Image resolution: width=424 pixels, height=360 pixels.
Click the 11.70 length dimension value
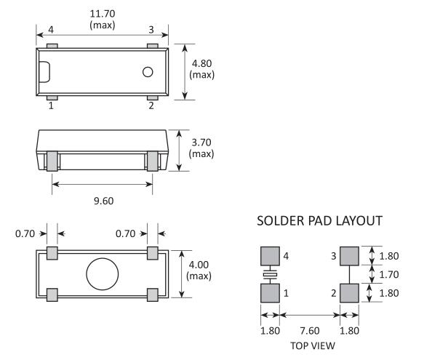103,14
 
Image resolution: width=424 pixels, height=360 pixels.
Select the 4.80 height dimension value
201,64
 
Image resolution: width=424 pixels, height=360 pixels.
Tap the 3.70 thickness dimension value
201,143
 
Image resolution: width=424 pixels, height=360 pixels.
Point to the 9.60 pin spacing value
103,201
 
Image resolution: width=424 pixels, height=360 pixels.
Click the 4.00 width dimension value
199,265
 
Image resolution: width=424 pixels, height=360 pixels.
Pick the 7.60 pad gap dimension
310,331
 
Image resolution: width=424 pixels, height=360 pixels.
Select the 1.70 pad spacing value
389,275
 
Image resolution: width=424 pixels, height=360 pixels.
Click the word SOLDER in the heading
281,221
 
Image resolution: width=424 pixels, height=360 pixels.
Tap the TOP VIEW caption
313,345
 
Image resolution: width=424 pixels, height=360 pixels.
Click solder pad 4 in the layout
270,256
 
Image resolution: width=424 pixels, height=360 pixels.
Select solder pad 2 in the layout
349,293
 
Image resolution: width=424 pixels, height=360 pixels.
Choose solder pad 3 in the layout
349,256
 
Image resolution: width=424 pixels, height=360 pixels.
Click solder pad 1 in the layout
270,293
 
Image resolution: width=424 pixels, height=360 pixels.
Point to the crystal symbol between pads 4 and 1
270,274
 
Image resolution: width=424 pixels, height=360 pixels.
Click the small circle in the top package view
148,72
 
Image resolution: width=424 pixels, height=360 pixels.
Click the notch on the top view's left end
49,72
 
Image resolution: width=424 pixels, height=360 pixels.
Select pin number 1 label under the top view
51,105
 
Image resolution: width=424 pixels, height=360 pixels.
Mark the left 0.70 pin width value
25,233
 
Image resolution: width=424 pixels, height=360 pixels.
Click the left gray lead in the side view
52,161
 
